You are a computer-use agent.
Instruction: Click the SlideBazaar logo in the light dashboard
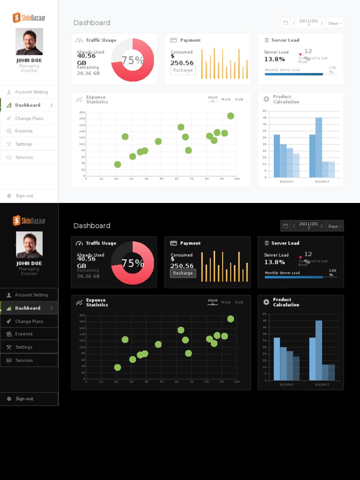pyautogui.click(x=29, y=18)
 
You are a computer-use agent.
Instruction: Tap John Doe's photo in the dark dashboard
pyautogui.click(x=29, y=244)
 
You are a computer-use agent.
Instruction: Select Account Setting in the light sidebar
pyautogui.click(x=31, y=92)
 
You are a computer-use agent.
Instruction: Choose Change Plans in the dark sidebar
pyautogui.click(x=29, y=322)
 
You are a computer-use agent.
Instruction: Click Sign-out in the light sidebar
pyautogui.click(x=24, y=196)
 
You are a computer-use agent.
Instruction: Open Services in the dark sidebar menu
pyautogui.click(x=24, y=360)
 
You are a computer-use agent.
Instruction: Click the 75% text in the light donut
pyautogui.click(x=133, y=60)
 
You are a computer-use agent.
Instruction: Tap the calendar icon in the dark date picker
pyautogui.click(x=285, y=226)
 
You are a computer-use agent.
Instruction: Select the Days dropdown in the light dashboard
pyautogui.click(x=335, y=23)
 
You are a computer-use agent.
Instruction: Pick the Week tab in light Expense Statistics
pyautogui.click(x=226, y=99)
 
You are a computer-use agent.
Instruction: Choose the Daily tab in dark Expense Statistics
pyautogui.click(x=239, y=302)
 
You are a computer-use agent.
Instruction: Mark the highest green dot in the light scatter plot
pyautogui.click(x=231, y=116)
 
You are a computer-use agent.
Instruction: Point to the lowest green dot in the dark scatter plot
pyautogui.click(x=118, y=367)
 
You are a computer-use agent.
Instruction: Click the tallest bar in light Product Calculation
pyautogui.click(x=319, y=147)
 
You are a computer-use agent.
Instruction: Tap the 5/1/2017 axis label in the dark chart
pyautogui.click(x=287, y=384)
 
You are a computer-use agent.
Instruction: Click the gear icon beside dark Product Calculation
pyautogui.click(x=266, y=302)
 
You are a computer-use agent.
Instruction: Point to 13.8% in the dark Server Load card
pyautogui.click(x=274, y=262)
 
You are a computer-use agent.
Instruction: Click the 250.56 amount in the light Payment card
pyautogui.click(x=182, y=63)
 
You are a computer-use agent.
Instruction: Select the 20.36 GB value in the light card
pyautogui.click(x=88, y=73)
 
